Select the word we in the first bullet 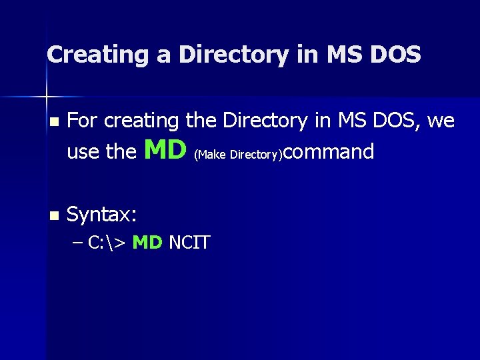click(x=441, y=121)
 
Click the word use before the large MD click(x=83, y=152)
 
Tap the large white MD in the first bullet click(x=165, y=150)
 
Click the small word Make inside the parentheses click(x=211, y=155)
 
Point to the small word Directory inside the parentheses click(x=255, y=155)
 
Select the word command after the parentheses click(x=329, y=152)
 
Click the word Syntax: click(x=103, y=215)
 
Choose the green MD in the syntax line click(x=147, y=243)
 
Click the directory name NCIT click(x=189, y=243)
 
